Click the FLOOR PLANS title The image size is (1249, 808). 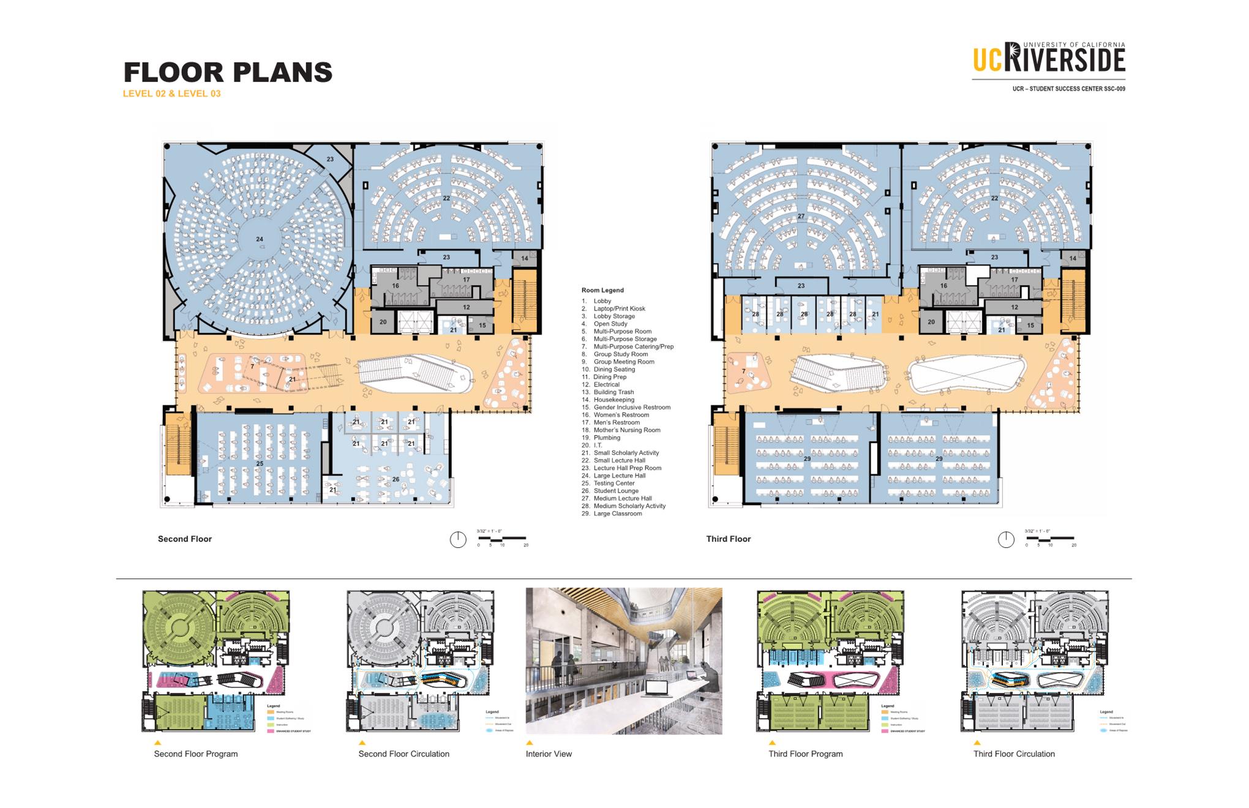click(228, 72)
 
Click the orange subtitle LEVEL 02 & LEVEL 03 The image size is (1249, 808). click(171, 94)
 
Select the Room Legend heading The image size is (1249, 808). click(602, 290)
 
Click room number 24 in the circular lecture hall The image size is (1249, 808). click(260, 239)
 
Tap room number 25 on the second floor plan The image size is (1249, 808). click(260, 464)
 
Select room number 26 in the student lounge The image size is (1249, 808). click(396, 479)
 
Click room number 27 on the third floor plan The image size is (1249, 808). click(801, 217)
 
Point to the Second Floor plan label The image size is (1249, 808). click(185, 539)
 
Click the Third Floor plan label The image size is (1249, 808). click(729, 539)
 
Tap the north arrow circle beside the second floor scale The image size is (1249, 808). click(458, 539)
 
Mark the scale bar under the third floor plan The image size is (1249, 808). click(1050, 538)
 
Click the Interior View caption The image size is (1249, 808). click(549, 754)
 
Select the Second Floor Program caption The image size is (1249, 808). click(196, 754)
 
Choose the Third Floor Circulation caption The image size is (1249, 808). click(1014, 754)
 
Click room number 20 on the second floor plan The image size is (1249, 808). click(383, 322)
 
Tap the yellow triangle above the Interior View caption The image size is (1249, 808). click(530, 743)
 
